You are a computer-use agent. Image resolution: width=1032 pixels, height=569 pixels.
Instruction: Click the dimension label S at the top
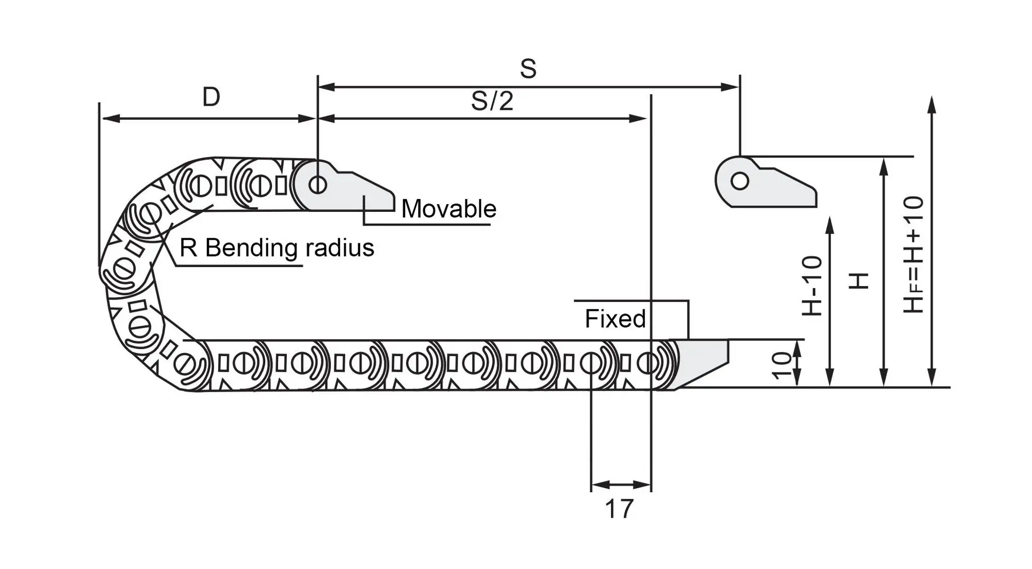[x=528, y=69]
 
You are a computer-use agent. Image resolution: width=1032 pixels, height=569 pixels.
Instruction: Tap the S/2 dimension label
[x=492, y=101]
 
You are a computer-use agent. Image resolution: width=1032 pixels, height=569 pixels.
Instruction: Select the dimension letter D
[x=211, y=97]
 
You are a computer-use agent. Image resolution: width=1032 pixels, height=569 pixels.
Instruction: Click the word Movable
[x=448, y=209]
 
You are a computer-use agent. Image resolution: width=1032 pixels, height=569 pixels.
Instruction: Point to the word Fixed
[x=615, y=319]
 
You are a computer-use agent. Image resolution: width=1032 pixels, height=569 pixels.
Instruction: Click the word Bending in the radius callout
[x=251, y=248]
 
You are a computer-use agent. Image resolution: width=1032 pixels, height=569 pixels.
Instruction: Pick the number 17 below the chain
[x=619, y=509]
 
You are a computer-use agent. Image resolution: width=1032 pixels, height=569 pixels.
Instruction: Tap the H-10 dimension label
[x=812, y=286]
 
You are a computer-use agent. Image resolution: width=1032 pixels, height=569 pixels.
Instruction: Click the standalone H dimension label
[x=859, y=281]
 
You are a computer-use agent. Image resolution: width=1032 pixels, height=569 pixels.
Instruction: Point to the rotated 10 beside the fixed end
[x=782, y=365]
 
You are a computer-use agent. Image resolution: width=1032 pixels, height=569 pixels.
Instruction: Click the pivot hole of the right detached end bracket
[x=740, y=181]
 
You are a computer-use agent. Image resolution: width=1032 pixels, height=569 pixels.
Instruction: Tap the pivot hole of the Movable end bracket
[x=318, y=184]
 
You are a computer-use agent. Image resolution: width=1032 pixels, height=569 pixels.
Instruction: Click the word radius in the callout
[x=340, y=248]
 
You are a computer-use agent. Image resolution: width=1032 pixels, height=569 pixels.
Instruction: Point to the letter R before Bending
[x=188, y=248]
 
